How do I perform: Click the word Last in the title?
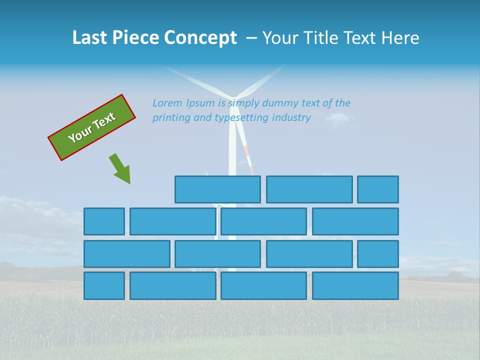(x=89, y=38)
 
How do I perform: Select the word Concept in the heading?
(x=200, y=38)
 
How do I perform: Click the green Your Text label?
(x=92, y=127)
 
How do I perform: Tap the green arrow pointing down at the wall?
(x=120, y=169)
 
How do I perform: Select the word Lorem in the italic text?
(x=167, y=103)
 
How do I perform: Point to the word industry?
(x=291, y=117)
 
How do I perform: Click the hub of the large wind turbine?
(x=233, y=98)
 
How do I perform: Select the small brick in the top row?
(x=378, y=189)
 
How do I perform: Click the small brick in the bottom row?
(x=104, y=285)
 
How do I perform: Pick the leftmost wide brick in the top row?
(x=217, y=189)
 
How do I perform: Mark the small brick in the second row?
(x=104, y=221)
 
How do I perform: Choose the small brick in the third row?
(x=378, y=254)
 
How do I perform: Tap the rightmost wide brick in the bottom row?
(x=355, y=285)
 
